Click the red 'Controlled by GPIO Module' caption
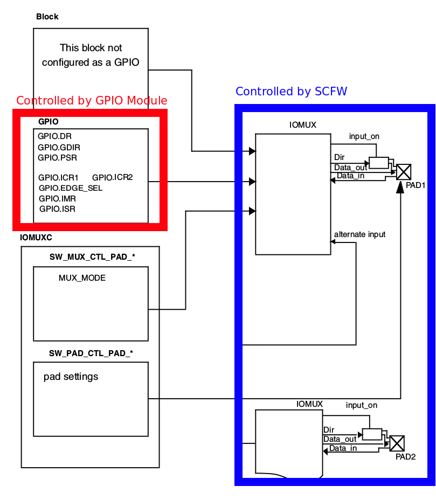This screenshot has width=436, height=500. tap(92, 101)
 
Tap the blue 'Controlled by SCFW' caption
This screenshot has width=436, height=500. tap(291, 92)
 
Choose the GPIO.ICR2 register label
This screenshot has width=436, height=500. tap(113, 177)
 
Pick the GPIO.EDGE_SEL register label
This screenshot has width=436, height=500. tap(71, 188)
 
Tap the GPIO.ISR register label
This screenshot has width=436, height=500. tap(57, 209)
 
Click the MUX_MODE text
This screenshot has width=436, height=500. tap(82, 278)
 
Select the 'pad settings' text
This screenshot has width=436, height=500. tap(71, 377)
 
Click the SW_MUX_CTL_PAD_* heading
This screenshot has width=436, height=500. tap(92, 257)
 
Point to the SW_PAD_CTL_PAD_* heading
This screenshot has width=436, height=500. tap(91, 353)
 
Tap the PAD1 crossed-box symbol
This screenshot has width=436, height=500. tap(403, 172)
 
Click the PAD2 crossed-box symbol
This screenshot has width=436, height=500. tap(397, 443)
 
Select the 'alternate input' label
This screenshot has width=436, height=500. tap(359, 234)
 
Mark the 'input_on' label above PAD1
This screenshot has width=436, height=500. tap(364, 136)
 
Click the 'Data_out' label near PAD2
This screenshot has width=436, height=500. tap(340, 439)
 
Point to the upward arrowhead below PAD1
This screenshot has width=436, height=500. tap(400, 188)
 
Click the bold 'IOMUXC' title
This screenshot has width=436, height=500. tap(36, 237)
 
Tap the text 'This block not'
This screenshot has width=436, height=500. tap(91, 48)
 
